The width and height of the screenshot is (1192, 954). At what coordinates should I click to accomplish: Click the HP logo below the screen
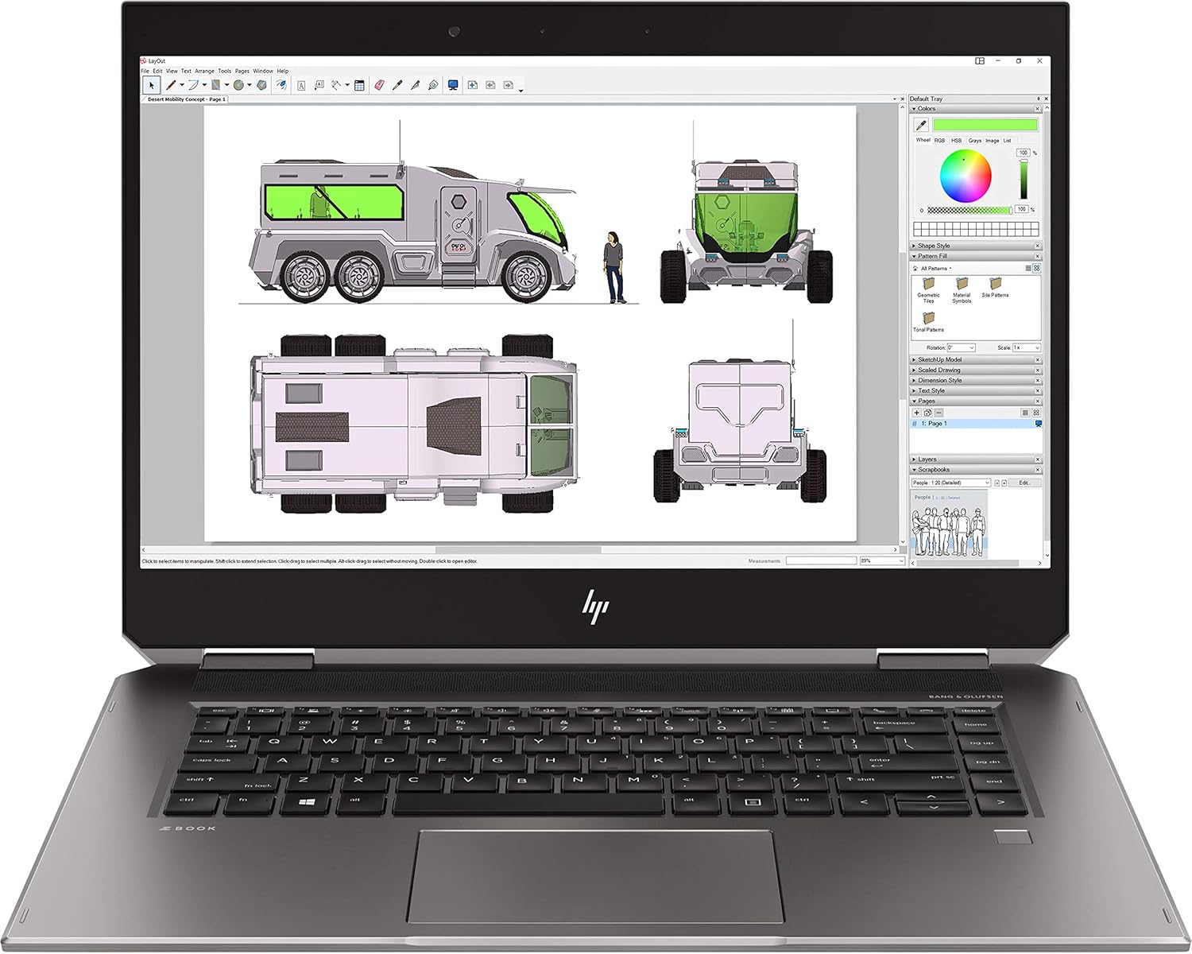click(595, 607)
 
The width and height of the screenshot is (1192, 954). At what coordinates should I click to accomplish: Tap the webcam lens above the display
click(454, 32)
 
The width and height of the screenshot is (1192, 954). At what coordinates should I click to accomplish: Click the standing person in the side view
click(613, 267)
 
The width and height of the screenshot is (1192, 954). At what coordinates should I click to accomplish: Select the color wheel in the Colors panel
click(966, 176)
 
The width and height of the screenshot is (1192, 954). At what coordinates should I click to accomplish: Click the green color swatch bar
click(985, 125)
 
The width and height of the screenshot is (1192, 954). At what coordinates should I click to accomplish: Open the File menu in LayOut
click(145, 71)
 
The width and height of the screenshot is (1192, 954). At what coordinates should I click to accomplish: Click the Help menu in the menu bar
click(282, 71)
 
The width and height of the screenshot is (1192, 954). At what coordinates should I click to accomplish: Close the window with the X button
click(1039, 61)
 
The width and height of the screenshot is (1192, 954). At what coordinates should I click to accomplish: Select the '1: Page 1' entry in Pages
click(935, 424)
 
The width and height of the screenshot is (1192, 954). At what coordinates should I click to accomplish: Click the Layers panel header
click(927, 460)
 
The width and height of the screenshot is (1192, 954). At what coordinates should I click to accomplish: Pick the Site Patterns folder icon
click(994, 284)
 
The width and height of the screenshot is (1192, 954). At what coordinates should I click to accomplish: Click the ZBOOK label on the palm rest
click(193, 828)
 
